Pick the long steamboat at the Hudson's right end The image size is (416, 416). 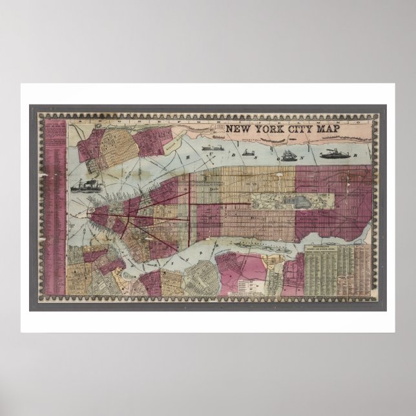point(335,154)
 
